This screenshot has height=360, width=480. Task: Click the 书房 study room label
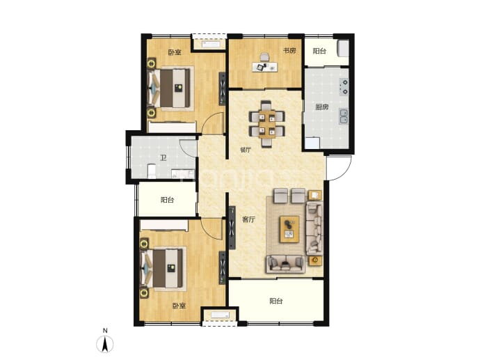289,51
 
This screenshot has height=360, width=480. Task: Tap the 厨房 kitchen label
322,107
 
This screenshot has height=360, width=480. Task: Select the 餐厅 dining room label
246,150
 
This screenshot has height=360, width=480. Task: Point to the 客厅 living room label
248,219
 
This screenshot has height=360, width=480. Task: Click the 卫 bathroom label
163,158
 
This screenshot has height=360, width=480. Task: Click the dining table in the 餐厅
266,124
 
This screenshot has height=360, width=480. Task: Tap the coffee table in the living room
289,229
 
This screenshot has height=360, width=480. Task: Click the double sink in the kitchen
344,116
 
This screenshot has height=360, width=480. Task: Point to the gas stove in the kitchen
344,86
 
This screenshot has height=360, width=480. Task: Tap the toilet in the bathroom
152,171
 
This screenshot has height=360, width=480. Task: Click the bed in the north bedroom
171,88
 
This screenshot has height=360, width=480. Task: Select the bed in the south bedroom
163,268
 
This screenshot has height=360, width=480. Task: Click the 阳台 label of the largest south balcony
275,301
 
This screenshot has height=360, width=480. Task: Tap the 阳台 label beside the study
319,51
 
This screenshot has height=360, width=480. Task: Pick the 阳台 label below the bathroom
167,200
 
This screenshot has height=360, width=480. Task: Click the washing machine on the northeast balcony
343,49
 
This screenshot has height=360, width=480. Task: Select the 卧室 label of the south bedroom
179,306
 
